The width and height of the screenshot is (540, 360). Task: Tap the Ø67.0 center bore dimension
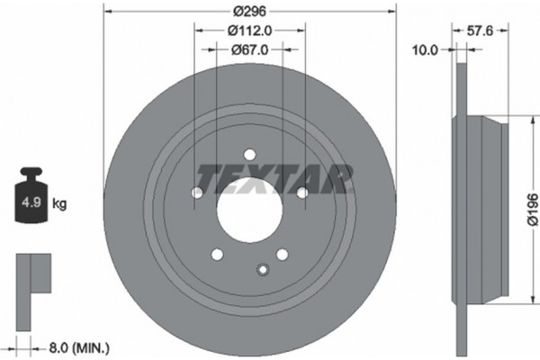(251, 52)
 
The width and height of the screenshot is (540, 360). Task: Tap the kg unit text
(59, 204)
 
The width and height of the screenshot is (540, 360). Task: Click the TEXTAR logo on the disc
(268, 176)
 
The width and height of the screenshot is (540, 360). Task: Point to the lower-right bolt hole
(282, 255)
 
